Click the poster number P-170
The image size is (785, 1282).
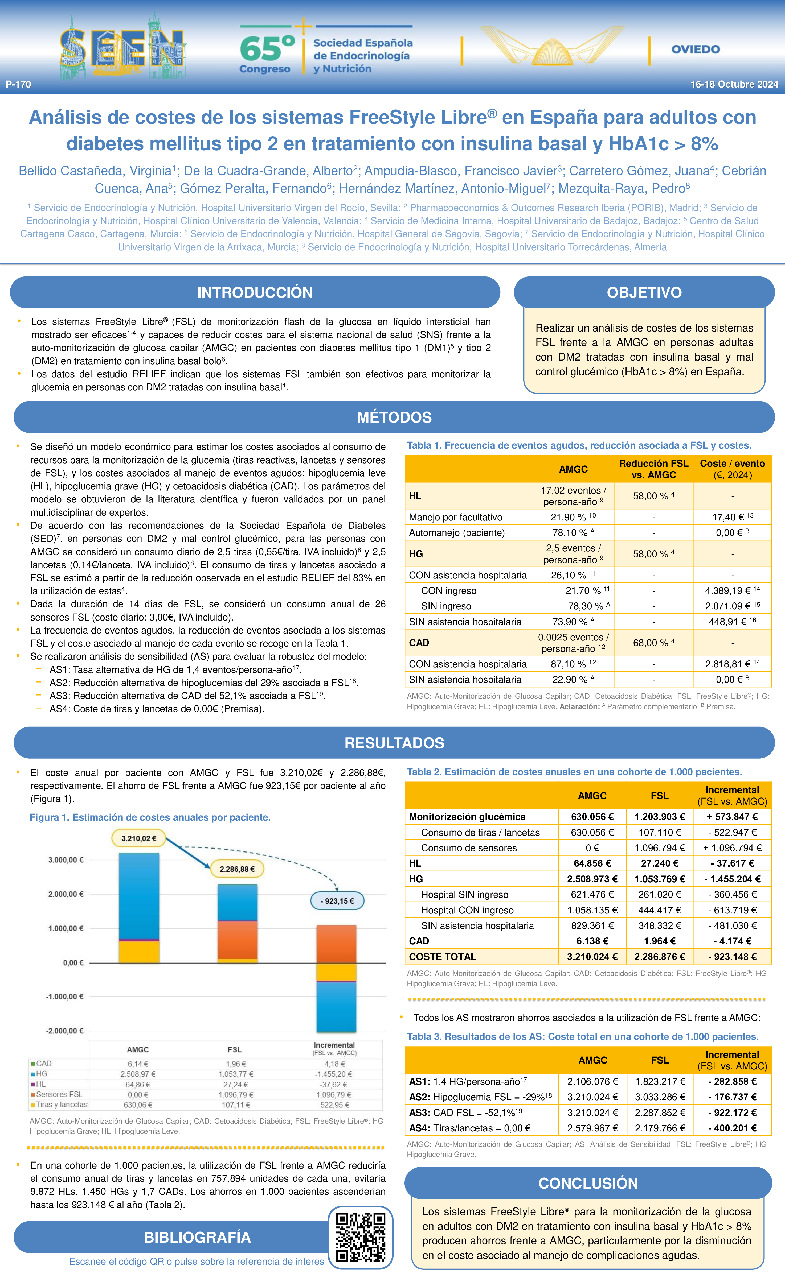pos(18,84)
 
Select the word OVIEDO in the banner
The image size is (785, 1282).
pos(696,49)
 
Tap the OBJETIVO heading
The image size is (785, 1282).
pos(644,292)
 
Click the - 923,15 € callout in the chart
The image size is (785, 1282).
pos(337,901)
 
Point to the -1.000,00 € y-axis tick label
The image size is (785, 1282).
pos(66,996)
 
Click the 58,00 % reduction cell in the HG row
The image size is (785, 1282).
pos(653,553)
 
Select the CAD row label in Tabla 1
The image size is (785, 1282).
pos(419,643)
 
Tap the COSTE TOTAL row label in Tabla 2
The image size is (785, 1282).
pos(442,956)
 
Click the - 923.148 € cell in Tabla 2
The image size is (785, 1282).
pos(732,956)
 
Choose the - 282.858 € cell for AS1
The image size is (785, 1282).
pos(732,1081)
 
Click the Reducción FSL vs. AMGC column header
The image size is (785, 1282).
pos(653,469)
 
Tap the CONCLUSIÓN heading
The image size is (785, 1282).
pos(588,1183)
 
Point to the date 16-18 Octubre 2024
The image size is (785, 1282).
pos(734,84)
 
